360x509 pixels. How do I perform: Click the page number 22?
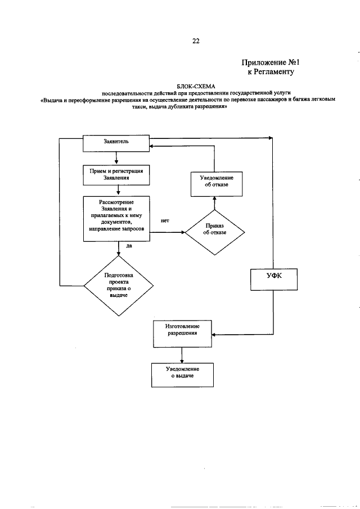pos(180,40)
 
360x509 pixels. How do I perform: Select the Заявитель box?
pos(116,143)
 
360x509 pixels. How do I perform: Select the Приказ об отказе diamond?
pos(215,231)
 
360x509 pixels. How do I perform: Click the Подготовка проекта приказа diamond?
pos(119,285)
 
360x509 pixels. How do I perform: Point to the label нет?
pos(165,221)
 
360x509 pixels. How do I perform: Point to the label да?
pos(129,246)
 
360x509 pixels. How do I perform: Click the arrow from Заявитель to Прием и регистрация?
pos(116,158)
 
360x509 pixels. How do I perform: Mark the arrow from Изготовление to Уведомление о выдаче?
pos(182,354)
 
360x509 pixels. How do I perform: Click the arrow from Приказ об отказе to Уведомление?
pos(214,203)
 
